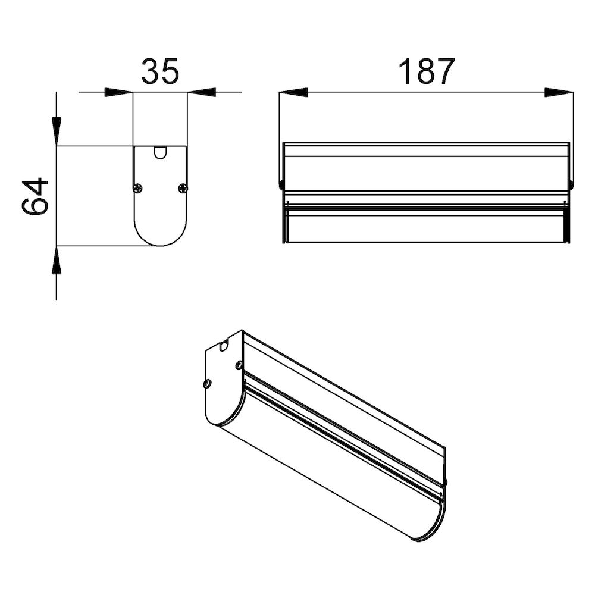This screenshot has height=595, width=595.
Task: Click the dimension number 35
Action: click(159, 71)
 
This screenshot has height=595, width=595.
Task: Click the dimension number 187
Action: click(426, 71)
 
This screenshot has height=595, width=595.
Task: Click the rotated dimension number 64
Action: click(35, 196)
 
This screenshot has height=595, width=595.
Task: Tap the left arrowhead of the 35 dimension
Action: click(119, 92)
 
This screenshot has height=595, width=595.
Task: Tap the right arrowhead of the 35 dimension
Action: click(202, 92)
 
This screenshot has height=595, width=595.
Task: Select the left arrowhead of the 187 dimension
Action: click(293, 92)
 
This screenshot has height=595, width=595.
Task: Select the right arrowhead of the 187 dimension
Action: click(559, 92)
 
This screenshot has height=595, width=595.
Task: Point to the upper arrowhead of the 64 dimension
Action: click(57, 131)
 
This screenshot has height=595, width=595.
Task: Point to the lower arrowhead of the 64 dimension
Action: click(57, 260)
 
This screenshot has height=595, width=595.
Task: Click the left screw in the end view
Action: click(138, 187)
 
